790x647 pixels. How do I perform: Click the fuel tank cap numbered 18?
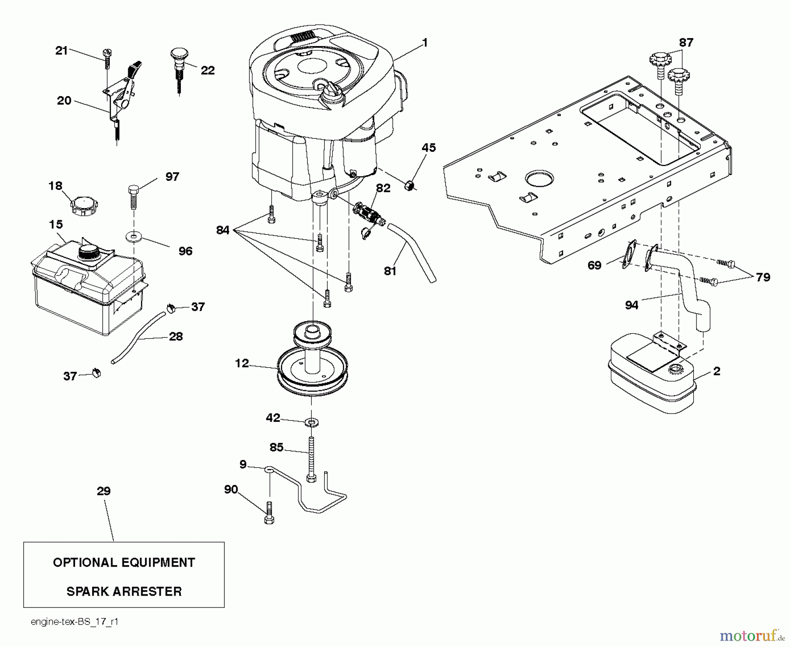(x=84, y=206)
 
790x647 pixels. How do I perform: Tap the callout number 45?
(x=428, y=148)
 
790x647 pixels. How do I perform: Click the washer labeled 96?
(x=133, y=237)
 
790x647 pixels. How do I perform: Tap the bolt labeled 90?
(x=269, y=512)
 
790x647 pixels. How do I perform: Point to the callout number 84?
(x=223, y=230)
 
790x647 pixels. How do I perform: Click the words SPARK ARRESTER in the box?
(x=124, y=591)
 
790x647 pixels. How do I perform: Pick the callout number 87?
(x=686, y=43)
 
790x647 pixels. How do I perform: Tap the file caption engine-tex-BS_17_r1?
(x=75, y=622)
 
